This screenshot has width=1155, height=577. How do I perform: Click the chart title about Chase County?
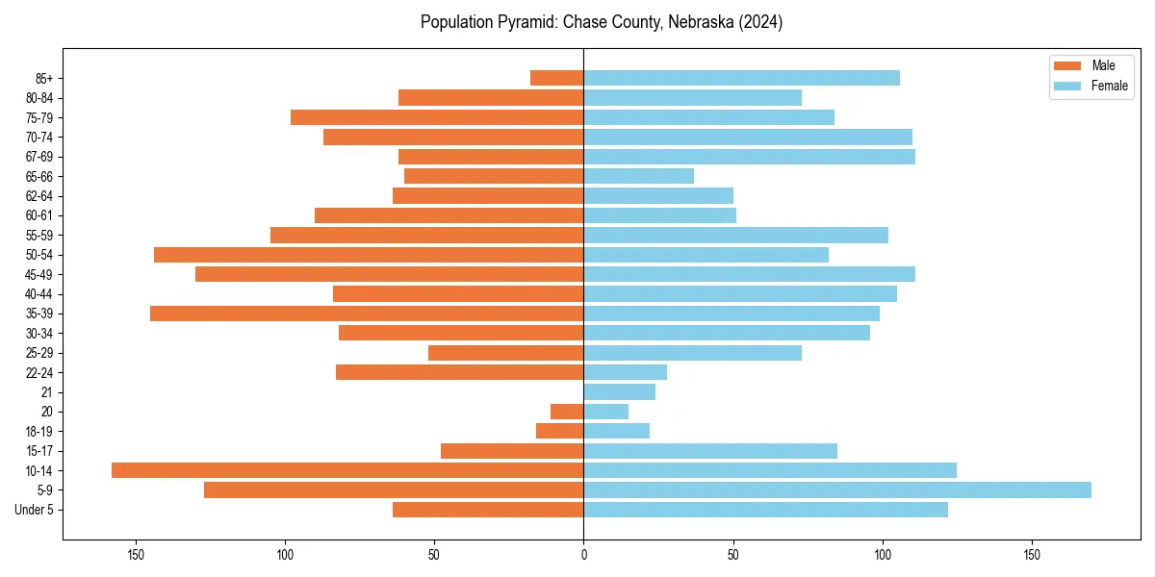click(602, 22)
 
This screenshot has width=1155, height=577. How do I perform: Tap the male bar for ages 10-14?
click(347, 470)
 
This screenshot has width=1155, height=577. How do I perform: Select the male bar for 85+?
click(557, 78)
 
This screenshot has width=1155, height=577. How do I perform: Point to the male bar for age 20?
click(567, 412)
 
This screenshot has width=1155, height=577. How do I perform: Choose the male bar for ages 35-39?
click(367, 314)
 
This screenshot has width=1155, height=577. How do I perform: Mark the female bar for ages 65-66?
click(638, 176)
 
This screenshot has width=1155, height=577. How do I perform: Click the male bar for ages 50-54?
click(369, 255)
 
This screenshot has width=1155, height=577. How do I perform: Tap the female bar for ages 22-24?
click(625, 372)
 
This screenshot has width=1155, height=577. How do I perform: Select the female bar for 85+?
click(741, 78)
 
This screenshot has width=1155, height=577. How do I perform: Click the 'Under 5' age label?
click(34, 510)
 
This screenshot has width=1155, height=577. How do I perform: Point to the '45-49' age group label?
click(38, 274)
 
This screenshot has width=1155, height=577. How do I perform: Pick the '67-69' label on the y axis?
click(38, 157)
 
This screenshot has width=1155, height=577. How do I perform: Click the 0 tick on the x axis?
click(583, 555)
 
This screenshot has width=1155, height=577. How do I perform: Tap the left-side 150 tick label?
click(136, 555)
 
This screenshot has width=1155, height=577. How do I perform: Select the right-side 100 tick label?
click(883, 555)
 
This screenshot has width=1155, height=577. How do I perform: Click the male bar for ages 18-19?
click(559, 431)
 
